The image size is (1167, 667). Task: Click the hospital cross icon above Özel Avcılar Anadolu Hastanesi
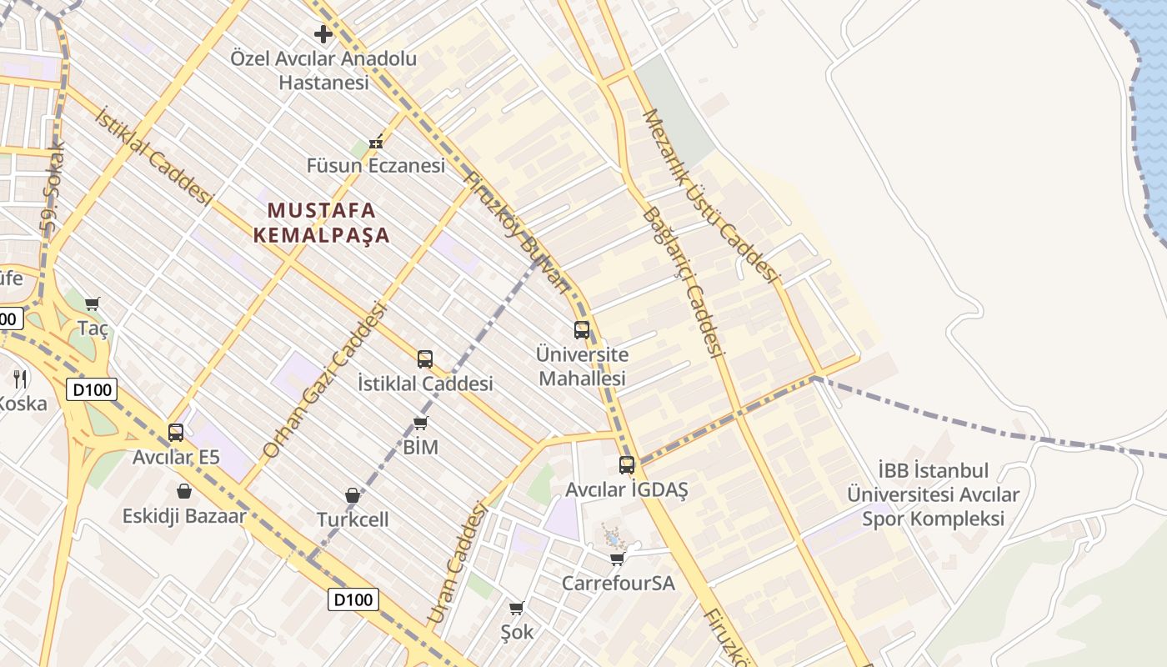(x=323, y=34)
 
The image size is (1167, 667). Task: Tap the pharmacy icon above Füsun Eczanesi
(x=376, y=142)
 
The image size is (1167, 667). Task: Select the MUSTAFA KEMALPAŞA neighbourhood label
(x=322, y=223)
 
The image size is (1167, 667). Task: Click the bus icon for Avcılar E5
(x=176, y=432)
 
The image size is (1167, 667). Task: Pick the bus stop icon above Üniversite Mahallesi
(x=582, y=329)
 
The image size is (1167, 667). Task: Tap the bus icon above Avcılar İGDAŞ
(x=627, y=464)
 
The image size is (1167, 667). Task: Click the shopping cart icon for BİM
(x=421, y=423)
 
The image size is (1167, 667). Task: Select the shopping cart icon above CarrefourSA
(x=617, y=558)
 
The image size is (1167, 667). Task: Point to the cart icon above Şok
(x=516, y=608)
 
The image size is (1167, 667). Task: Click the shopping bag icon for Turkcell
(x=353, y=495)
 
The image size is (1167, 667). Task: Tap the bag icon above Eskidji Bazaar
(x=184, y=491)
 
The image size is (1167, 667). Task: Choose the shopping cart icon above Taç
(x=93, y=303)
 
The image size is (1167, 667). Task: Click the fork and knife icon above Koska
(x=21, y=379)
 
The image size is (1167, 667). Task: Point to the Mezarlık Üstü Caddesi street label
(x=710, y=196)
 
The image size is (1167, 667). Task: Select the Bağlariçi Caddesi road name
(x=681, y=282)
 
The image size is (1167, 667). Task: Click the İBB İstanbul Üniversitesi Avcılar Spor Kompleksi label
(x=933, y=495)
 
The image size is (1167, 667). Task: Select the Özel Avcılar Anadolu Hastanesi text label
(x=323, y=71)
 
